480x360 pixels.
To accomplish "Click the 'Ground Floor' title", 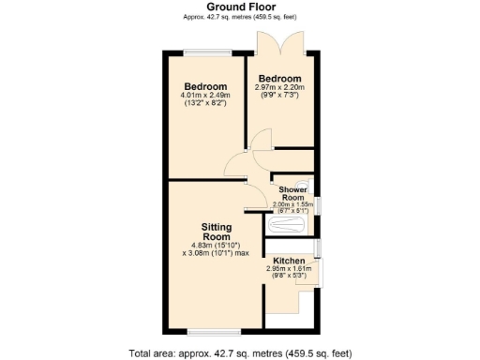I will tap(239, 7).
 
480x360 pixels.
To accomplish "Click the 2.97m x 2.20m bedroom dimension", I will tap(280, 87).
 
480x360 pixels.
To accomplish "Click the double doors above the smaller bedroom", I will tap(280, 44).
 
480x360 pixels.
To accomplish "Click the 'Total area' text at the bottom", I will tap(239, 352).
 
